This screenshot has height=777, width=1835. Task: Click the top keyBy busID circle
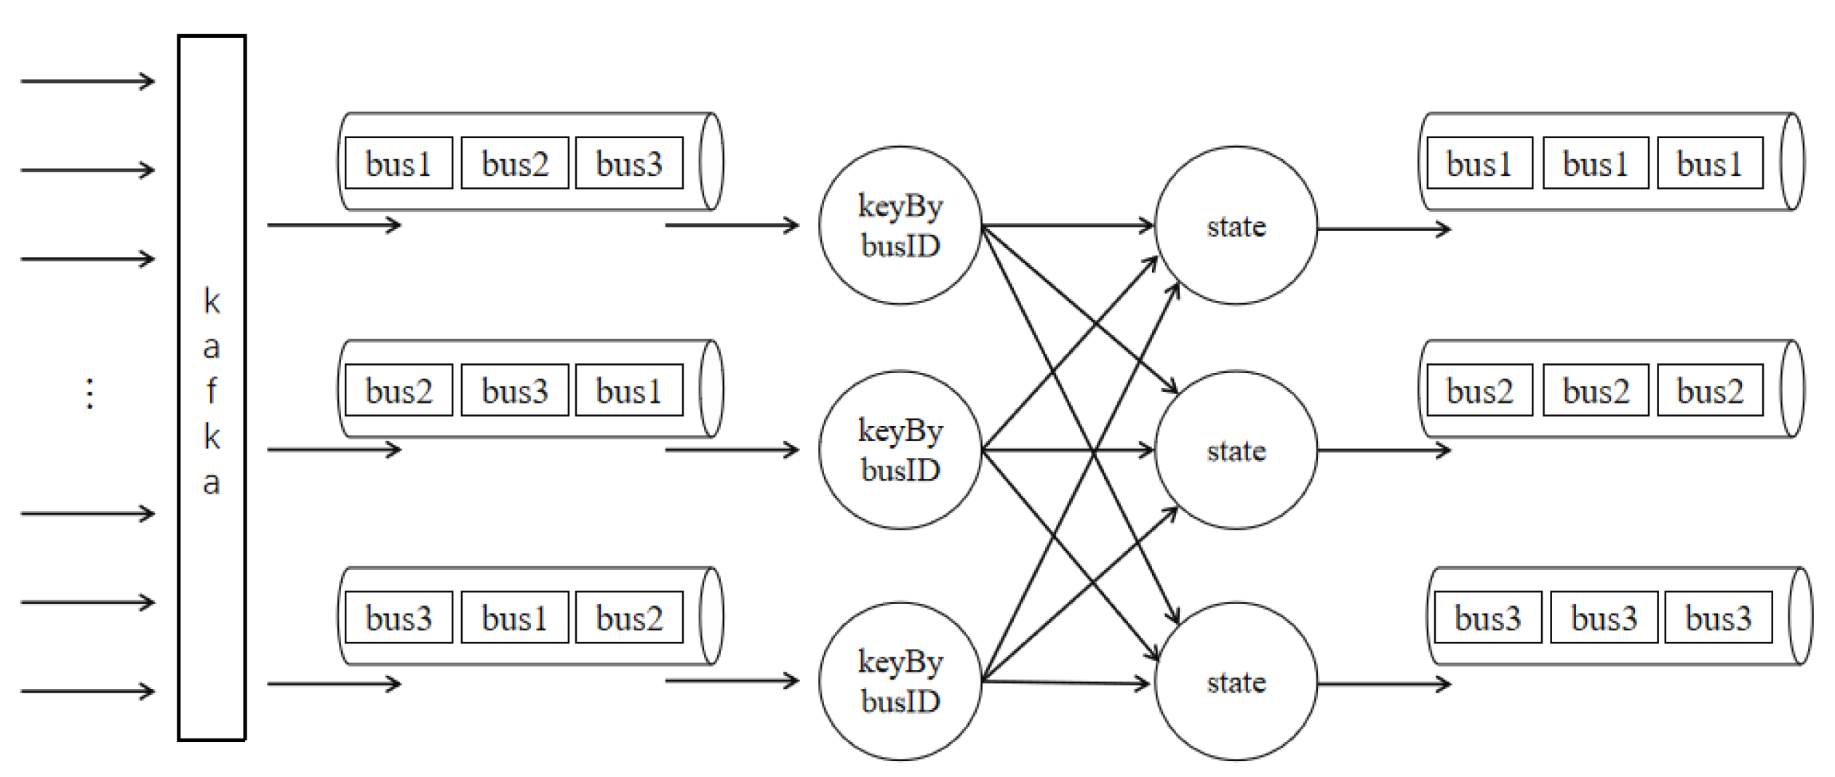900,225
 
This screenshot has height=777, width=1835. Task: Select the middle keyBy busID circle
900,450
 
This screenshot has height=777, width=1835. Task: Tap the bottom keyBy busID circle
900,681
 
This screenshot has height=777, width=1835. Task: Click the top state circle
1235,225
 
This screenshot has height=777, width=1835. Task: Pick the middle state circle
1235,450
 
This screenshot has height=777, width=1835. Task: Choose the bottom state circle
1235,681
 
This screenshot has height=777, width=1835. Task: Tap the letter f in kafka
211,391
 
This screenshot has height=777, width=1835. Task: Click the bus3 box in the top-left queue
628,163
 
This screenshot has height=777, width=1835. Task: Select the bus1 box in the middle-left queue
628,390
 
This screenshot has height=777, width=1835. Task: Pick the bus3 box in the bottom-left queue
398,617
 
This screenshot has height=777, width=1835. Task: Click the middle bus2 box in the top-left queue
514,163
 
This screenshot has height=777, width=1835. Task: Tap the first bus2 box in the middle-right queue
1479,390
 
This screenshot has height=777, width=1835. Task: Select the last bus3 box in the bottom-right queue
1717,617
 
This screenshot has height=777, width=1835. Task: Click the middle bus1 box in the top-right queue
1595,163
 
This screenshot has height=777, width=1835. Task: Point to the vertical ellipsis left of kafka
89,393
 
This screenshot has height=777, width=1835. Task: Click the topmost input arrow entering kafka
87,81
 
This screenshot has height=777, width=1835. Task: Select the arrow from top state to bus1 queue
1382,229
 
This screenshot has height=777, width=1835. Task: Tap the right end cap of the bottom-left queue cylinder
711,616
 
